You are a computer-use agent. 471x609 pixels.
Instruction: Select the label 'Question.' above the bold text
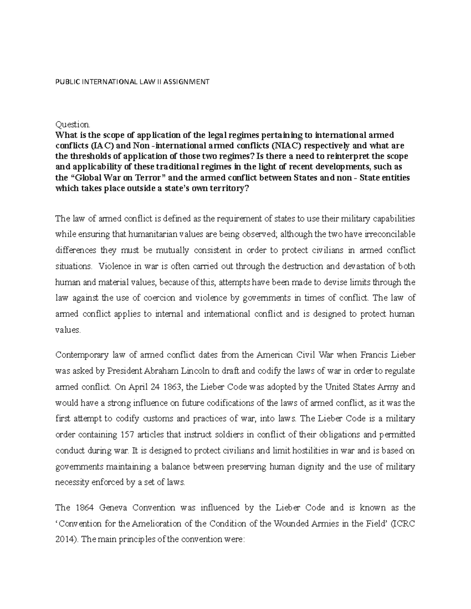click(x=73, y=125)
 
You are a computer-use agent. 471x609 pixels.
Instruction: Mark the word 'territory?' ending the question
click(x=231, y=188)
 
